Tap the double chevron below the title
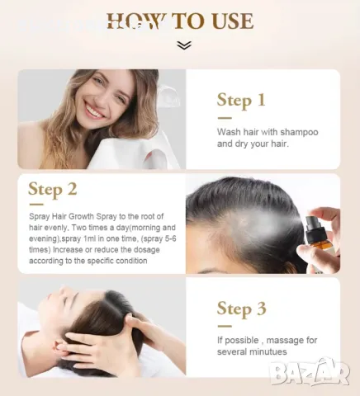pos(184,45)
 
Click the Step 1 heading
pos(241,100)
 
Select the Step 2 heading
pos(53,189)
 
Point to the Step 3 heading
pos(241,309)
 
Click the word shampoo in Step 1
pos(299,132)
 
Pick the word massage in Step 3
pos(282,341)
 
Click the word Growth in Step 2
pos(81,216)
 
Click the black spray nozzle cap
pos(315,226)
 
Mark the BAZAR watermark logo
pos(310,372)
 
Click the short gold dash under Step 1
pos(225,118)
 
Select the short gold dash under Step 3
pos(225,327)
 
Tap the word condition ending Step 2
pos(131,261)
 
